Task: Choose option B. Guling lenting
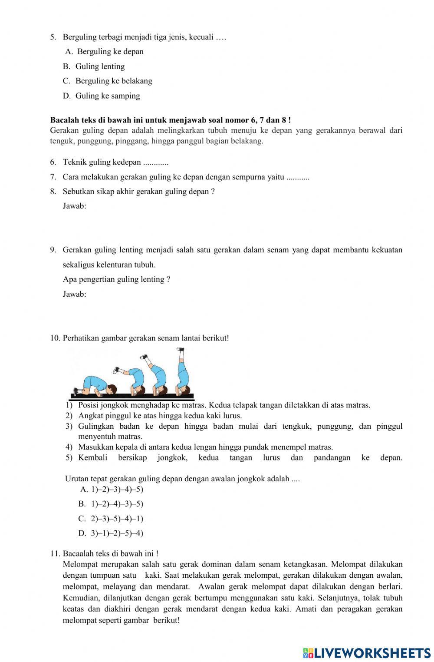coord(100,66)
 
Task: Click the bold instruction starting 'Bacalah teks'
coord(170,120)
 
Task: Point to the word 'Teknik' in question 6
coord(75,162)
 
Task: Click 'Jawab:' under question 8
coord(74,206)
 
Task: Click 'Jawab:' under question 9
coord(74,295)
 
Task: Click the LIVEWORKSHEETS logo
coord(367,652)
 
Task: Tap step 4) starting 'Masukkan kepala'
coord(205,447)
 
